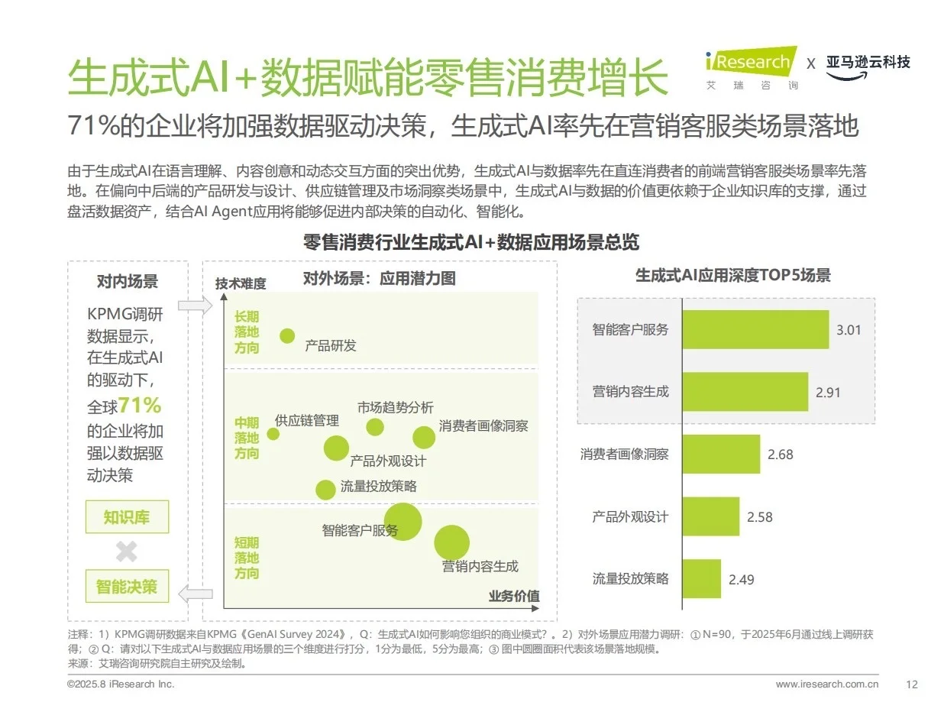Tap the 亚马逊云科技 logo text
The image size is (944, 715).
coord(868,62)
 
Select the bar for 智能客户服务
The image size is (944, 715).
coord(755,329)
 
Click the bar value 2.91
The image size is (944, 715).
coord(828,393)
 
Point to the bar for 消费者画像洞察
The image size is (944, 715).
coord(720,454)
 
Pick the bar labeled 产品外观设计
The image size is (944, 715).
coord(710,516)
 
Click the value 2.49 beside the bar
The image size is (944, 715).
coord(741,579)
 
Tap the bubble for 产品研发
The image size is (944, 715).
coord(287,335)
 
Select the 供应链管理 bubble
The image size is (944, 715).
coord(273,434)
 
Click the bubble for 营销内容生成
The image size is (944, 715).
coord(451,542)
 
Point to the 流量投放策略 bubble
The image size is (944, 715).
coord(325,490)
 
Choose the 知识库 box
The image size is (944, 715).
coord(127,517)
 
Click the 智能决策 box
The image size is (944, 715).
coord(127,586)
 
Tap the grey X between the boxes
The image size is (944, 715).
coord(126,552)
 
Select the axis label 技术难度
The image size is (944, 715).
coord(241,283)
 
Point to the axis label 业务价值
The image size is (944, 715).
coord(513,596)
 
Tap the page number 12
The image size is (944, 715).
coord(911,684)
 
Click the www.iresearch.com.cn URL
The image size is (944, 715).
coord(826,684)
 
